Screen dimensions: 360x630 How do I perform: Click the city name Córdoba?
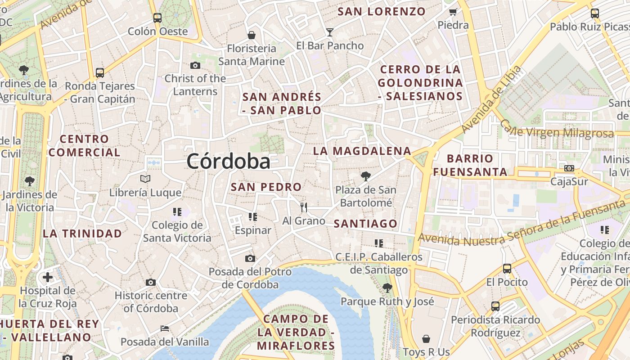(229, 161)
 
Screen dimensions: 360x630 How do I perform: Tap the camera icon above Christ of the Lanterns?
(195, 65)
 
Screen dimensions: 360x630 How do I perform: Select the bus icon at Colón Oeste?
(157, 18)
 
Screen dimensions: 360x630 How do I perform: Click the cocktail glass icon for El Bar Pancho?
(330, 32)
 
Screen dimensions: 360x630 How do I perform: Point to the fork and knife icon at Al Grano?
(304, 207)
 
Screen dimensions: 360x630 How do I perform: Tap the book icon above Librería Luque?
(145, 179)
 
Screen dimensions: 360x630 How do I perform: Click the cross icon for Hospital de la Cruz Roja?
(47, 277)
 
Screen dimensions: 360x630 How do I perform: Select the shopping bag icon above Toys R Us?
(426, 338)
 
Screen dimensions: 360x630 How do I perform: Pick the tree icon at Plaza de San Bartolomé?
(365, 176)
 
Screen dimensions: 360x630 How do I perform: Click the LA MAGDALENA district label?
(362, 151)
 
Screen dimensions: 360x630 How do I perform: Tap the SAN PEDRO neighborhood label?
(266, 187)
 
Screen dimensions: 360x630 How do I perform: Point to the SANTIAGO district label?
(365, 224)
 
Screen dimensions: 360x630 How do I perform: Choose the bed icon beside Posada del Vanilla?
(165, 328)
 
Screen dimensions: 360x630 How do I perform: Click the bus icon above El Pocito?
(507, 269)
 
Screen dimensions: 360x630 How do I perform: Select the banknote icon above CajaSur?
(569, 168)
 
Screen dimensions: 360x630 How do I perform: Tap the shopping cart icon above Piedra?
(453, 12)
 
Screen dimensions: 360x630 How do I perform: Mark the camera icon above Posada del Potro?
(250, 258)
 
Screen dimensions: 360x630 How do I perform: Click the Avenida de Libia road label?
(491, 99)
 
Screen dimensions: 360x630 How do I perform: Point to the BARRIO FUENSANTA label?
(470, 165)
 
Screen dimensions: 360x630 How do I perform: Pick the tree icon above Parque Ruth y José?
(387, 288)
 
